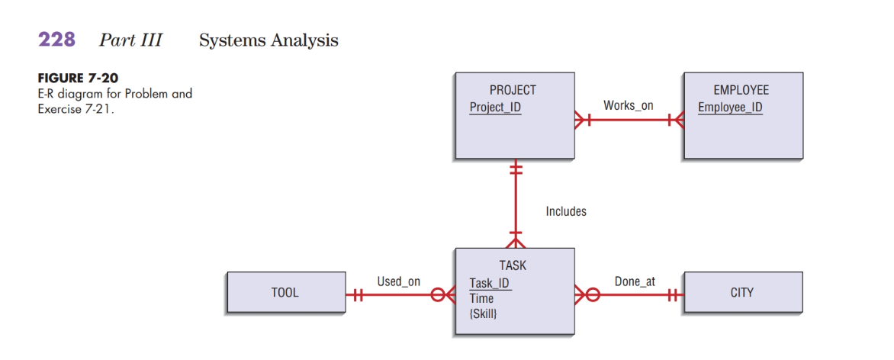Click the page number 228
pos(56,40)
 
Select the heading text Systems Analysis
pos(269,40)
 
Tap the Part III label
pos(130,40)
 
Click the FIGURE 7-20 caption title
pos(78,79)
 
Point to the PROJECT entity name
pos(513,90)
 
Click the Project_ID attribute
pos(495,107)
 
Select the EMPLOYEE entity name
pos(741,90)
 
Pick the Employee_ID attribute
pos(729,107)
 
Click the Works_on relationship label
pos(628,105)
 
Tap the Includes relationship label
pos(566,211)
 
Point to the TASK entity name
pos(513,265)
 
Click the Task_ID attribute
pos(490,284)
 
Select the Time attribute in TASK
pos(481,298)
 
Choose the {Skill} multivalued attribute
pos(484,313)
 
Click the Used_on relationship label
pos(398,281)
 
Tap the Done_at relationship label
pos(635,281)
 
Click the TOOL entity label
pos(285,293)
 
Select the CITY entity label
pos(741,293)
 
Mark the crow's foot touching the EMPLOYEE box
pos(676,120)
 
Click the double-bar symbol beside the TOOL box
pos(355,294)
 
